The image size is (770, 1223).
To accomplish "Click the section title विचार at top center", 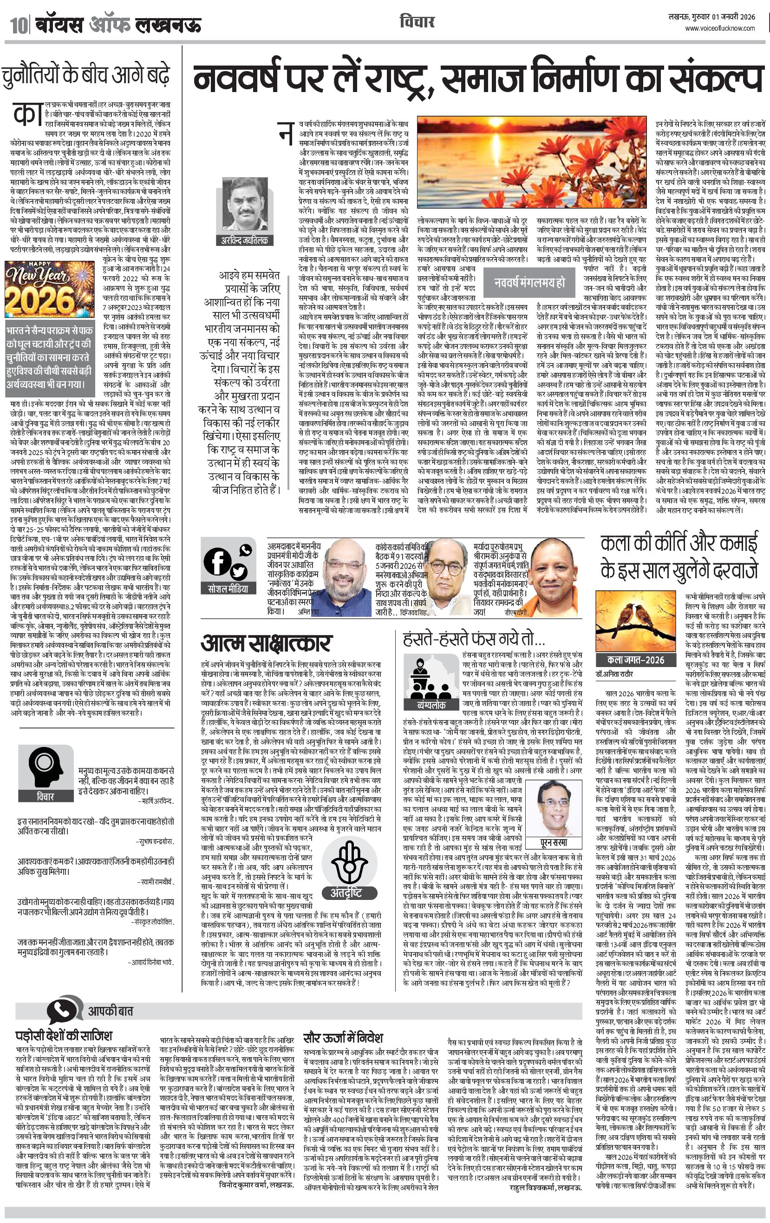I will coord(417,22).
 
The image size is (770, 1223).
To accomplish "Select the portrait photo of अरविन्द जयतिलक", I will coord(245,205).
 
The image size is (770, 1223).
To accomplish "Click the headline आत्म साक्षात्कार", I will coord(266,643).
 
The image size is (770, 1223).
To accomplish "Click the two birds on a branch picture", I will coord(636,621).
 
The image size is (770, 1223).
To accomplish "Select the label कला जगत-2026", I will coord(635,660).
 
